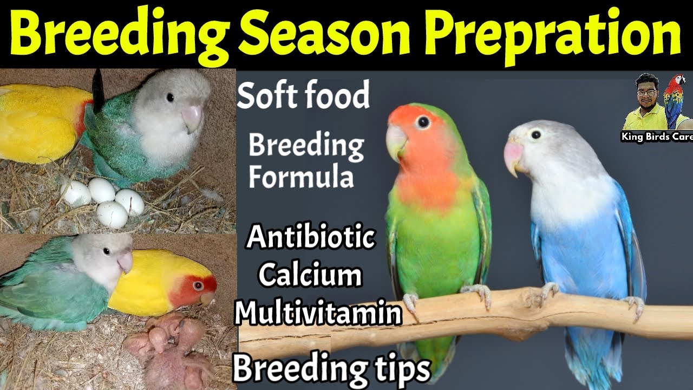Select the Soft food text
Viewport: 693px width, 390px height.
coord(303,95)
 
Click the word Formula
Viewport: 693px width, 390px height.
coord(300,178)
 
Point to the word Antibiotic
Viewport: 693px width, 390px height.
coord(311,238)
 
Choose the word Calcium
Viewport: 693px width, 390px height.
coord(310,275)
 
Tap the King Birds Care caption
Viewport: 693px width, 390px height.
coord(656,137)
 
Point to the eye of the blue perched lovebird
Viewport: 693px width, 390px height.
coord(537,133)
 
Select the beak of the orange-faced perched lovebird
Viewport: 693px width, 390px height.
coord(395,142)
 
